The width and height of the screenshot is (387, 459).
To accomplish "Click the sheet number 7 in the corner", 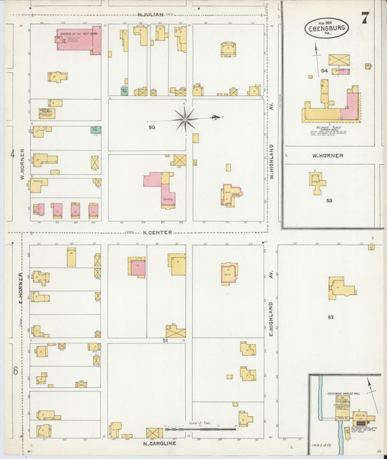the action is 364,18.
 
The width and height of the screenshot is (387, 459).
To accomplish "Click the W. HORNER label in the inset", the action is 327,155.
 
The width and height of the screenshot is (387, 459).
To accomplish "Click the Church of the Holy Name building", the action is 79,40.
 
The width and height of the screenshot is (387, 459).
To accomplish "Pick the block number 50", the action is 152,128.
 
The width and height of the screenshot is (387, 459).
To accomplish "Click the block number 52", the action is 331,317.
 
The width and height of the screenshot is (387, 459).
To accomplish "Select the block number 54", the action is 324,70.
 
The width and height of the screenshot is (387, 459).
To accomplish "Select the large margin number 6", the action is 14,370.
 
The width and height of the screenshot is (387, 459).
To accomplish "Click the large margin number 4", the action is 12,154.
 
